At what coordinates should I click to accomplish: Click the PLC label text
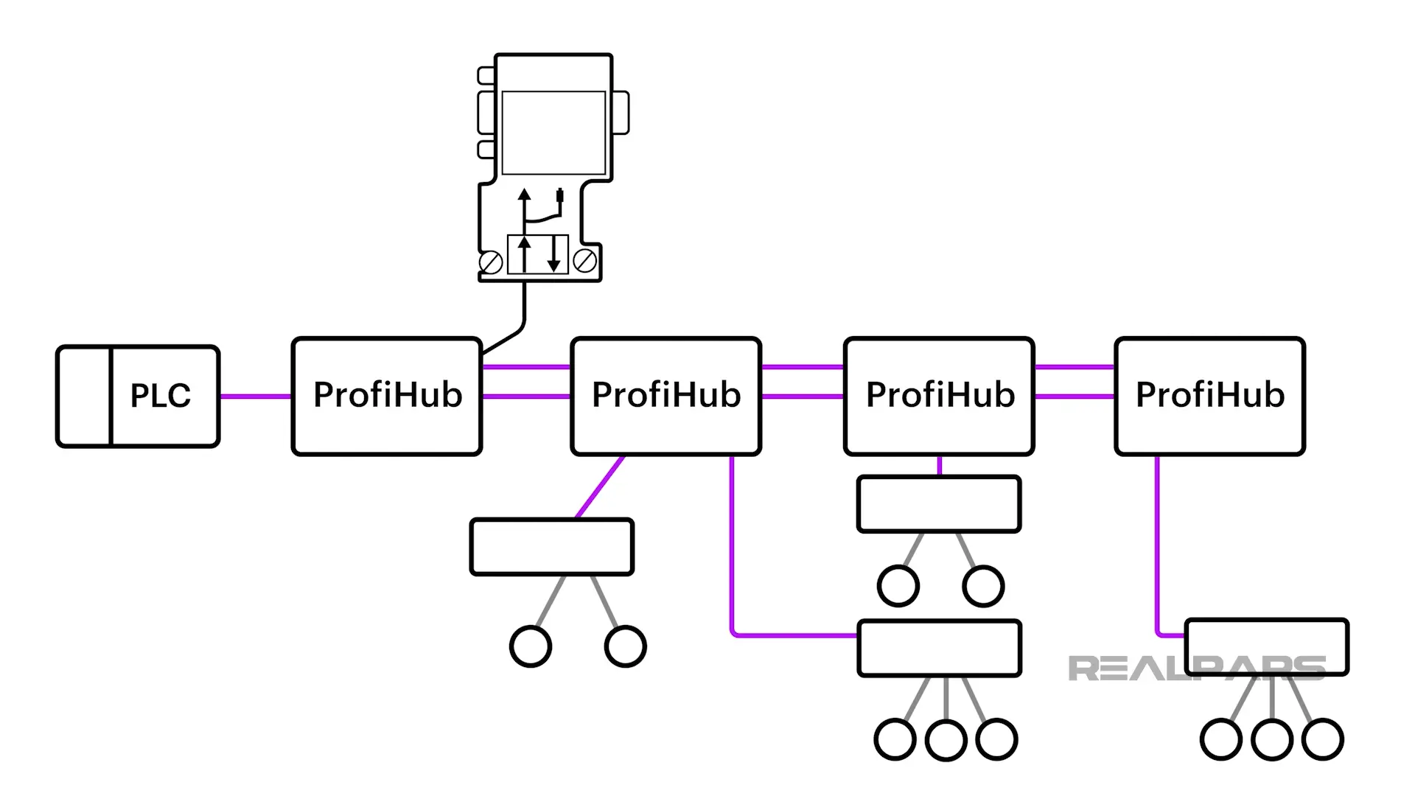pyautogui.click(x=161, y=396)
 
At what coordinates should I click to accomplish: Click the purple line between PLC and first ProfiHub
pyautogui.click(x=256, y=397)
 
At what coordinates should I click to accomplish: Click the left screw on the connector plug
pyautogui.click(x=491, y=262)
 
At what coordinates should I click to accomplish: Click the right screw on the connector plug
pyautogui.click(x=585, y=261)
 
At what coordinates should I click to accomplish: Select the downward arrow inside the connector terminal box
pyautogui.click(x=553, y=254)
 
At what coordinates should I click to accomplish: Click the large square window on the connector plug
pyautogui.click(x=553, y=133)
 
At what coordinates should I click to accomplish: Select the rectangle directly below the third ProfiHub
pyautogui.click(x=939, y=504)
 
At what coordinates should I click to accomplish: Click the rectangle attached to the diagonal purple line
pyautogui.click(x=552, y=547)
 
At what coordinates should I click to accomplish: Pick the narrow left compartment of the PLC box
pyautogui.click(x=84, y=397)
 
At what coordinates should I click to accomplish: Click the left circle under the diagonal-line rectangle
pyautogui.click(x=531, y=646)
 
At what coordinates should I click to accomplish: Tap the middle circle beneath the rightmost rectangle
pyautogui.click(x=1272, y=739)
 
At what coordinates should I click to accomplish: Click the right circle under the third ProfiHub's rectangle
pyautogui.click(x=983, y=586)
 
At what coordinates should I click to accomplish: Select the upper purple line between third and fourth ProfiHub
pyautogui.click(x=1075, y=366)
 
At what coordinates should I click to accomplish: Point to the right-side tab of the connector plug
pyautogui.click(x=621, y=113)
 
